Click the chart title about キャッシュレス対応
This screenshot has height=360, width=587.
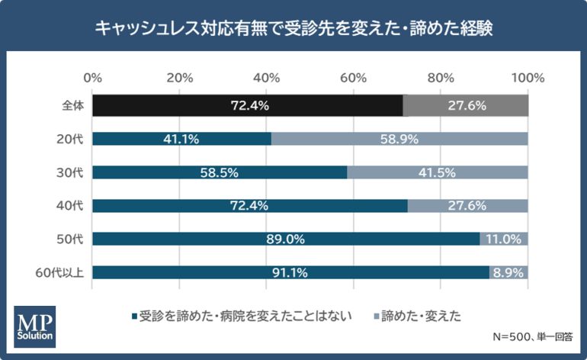[x=293, y=28]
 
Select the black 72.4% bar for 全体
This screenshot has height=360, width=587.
[x=247, y=105]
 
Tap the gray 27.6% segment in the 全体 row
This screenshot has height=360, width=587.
[x=466, y=105]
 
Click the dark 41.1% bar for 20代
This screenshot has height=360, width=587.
[x=181, y=139]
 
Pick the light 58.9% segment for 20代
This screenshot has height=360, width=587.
[x=399, y=139]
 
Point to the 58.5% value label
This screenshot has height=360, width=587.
[x=220, y=172]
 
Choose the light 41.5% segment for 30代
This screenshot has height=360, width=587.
[x=438, y=172]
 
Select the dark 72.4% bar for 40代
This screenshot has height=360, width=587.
[x=249, y=206]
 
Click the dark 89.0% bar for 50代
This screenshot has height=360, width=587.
[x=286, y=239]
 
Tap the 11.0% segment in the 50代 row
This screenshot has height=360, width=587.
[x=504, y=239]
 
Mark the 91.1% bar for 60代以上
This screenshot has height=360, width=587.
[x=290, y=273]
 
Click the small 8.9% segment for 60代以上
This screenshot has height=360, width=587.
[x=508, y=273]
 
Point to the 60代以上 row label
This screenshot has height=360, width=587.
[x=64, y=273]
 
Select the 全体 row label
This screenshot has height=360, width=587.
[x=72, y=105]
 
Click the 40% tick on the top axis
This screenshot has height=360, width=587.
[x=267, y=77]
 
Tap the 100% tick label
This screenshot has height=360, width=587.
[x=528, y=77]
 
